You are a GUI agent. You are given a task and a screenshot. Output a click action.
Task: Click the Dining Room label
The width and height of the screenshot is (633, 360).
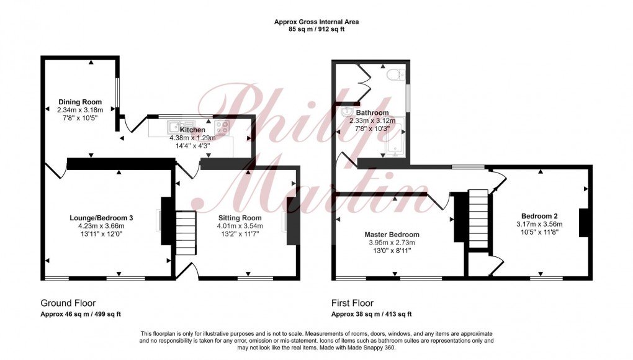tap(80, 102)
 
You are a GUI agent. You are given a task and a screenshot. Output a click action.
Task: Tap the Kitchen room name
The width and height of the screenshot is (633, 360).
tap(192, 130)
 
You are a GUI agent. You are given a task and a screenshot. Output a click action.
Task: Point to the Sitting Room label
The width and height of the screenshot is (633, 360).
tap(240, 218)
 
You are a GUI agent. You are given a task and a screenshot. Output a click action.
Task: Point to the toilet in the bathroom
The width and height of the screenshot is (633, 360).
tap(392, 75)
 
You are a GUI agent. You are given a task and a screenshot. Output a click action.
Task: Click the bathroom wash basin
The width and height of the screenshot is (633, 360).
tap(344, 113)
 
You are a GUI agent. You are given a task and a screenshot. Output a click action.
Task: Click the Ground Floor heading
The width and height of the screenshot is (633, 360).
tap(68, 304)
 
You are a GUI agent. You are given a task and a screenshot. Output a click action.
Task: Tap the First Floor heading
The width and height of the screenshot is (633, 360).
tap(352, 304)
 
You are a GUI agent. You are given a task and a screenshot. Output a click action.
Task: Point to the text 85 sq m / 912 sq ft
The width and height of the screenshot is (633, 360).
tap(316, 29)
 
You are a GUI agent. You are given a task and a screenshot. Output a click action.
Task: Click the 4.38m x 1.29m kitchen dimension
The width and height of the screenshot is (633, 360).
tap(192, 138)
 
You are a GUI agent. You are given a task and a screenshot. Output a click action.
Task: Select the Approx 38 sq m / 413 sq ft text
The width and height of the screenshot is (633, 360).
tap(371, 314)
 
